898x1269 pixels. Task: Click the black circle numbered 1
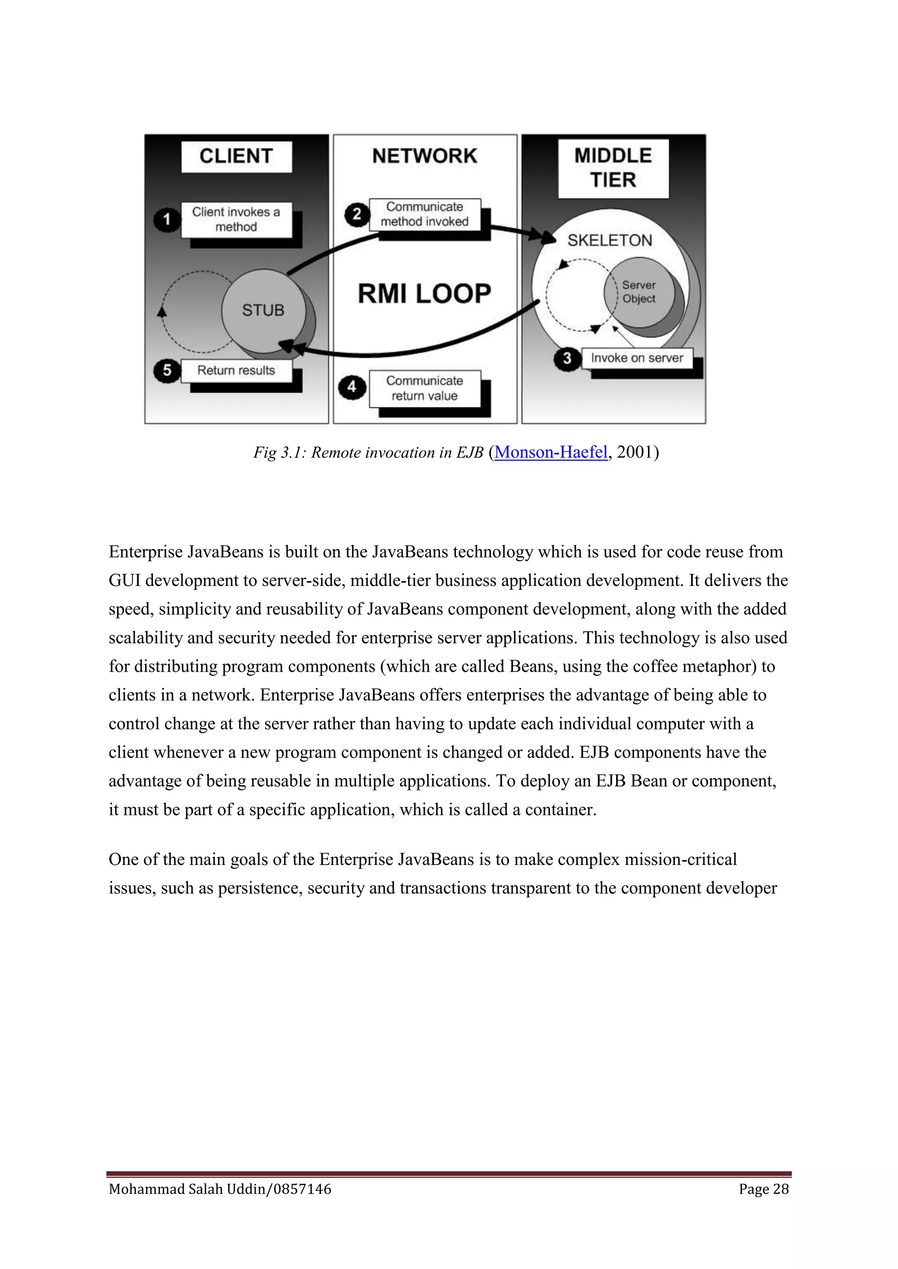tap(167, 220)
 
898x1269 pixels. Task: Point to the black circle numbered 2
tap(356, 214)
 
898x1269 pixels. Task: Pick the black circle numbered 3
tap(567, 359)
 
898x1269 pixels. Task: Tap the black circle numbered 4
tap(352, 387)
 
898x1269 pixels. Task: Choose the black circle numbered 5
tap(167, 370)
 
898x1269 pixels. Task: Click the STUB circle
tap(263, 311)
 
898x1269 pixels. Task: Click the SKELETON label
tap(609, 241)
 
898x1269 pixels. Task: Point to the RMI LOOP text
tap(424, 294)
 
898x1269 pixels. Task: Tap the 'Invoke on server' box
tap(637, 358)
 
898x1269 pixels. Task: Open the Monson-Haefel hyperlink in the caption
tap(551, 452)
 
